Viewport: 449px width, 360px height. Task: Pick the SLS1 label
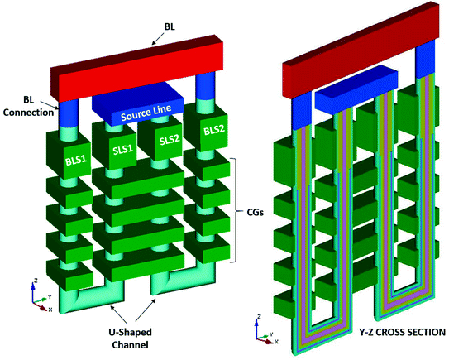123,152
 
